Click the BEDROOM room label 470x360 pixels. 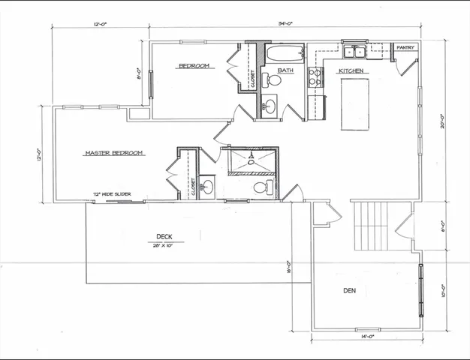(195, 67)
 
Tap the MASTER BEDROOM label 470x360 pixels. (113, 153)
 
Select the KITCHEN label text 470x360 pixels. (351, 71)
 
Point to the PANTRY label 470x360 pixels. (405, 47)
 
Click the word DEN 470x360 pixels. (350, 289)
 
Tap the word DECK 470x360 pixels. (164, 236)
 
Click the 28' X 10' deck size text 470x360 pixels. (163, 245)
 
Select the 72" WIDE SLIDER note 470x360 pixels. (112, 194)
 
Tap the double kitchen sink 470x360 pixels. (354, 52)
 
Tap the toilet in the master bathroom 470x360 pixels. (261, 187)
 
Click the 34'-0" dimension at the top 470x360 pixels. (285, 24)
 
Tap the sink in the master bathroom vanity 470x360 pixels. (208, 185)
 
